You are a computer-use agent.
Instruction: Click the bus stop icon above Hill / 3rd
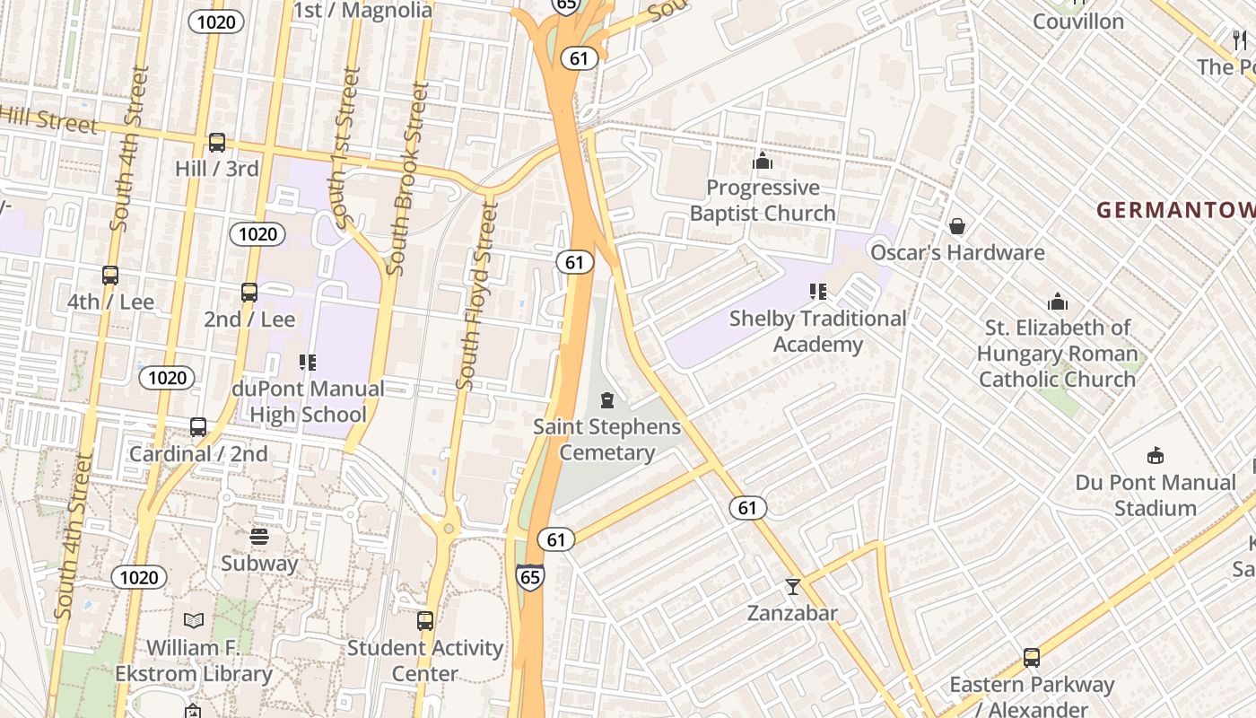(217, 143)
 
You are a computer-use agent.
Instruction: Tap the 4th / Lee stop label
(110, 302)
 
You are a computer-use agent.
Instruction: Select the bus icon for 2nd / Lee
(249, 293)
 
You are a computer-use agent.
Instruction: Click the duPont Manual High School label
(308, 401)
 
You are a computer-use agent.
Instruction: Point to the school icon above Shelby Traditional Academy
(817, 292)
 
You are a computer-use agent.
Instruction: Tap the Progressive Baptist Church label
(763, 200)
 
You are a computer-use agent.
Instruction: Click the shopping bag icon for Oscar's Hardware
(957, 226)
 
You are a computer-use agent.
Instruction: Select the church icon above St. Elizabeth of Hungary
(1058, 302)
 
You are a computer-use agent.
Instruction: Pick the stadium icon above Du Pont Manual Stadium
(1156, 456)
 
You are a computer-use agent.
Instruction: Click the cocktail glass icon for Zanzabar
(792, 587)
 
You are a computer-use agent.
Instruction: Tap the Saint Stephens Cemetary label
(607, 440)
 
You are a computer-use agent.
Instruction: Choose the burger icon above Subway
(259, 538)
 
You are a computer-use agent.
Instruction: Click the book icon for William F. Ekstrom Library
(194, 620)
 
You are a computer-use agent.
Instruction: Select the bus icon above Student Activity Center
(425, 621)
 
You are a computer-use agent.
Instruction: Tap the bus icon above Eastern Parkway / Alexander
(1032, 658)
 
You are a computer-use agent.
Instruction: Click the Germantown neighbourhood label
(1175, 210)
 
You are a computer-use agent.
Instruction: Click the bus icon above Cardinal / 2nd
(198, 428)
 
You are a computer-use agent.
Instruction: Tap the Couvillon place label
(1078, 21)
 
